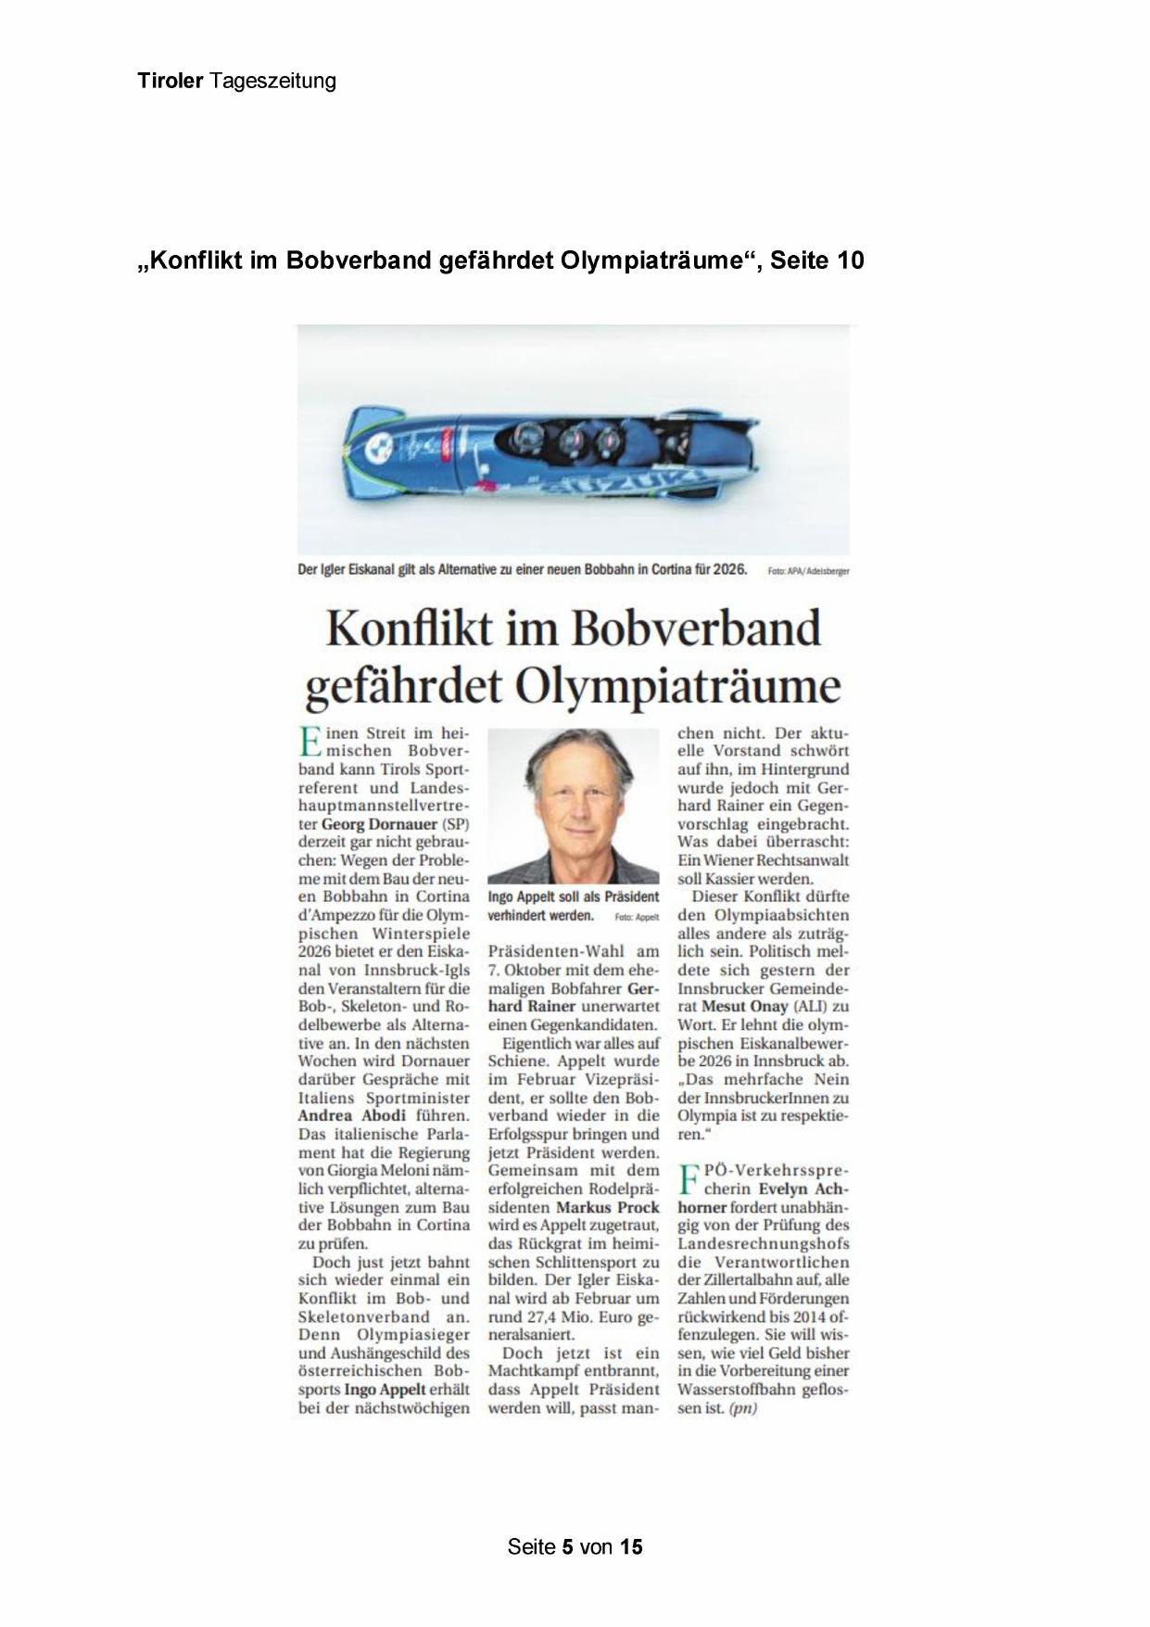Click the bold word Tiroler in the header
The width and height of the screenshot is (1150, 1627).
[x=170, y=81]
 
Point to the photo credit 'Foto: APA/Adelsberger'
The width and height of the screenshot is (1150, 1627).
[x=808, y=572]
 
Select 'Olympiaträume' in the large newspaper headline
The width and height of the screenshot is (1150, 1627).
[x=676, y=687]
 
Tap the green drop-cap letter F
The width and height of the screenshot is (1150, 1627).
[x=689, y=1180]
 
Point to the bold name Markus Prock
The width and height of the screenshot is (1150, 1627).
[x=608, y=1207]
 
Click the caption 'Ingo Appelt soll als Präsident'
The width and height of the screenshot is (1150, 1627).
[x=574, y=897]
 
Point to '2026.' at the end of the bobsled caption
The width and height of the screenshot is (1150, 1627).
[x=728, y=570]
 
